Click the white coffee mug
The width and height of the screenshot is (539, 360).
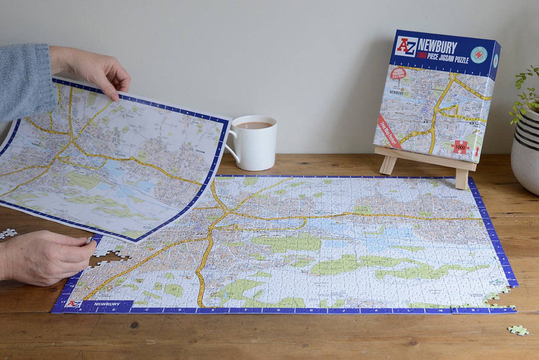254,144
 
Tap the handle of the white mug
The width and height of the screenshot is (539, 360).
231,147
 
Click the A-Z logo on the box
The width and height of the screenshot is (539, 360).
406,47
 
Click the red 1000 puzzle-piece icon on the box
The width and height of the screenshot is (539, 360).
461,147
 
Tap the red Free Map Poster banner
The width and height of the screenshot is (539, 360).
389,131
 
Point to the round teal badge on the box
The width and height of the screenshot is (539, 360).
479,55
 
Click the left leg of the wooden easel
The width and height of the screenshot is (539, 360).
388,164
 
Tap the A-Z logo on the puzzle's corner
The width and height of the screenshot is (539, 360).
73,304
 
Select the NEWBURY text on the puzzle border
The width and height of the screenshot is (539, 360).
107,304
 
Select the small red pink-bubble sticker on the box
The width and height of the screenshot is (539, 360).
398,73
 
